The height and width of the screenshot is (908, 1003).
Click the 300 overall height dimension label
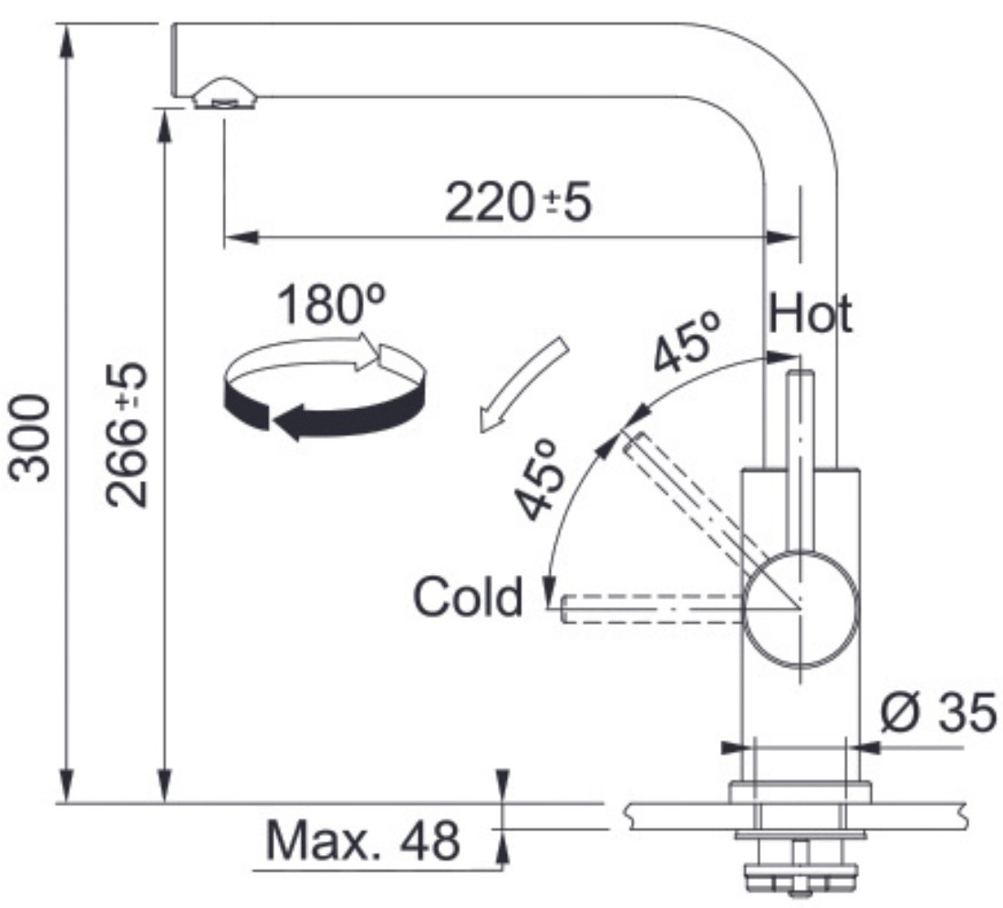[29, 438]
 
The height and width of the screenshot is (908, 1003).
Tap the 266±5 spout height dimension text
[127, 435]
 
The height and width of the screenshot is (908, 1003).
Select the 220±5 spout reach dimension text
[518, 203]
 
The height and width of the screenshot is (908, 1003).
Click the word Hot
[811, 314]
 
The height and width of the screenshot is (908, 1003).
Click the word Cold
[469, 597]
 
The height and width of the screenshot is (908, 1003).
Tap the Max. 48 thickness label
[363, 840]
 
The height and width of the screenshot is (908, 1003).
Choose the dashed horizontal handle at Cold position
[653, 608]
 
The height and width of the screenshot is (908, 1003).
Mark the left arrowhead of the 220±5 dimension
[242, 237]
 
